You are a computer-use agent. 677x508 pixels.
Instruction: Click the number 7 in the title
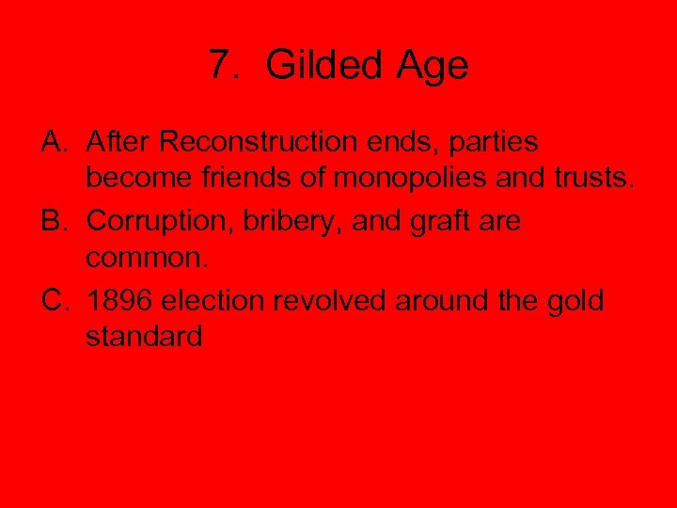pyautogui.click(x=220, y=66)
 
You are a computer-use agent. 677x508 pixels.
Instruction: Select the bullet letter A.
pyautogui.click(x=53, y=142)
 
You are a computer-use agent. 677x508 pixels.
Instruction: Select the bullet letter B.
pyautogui.click(x=53, y=223)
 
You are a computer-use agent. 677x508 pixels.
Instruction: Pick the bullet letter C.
pyautogui.click(x=54, y=303)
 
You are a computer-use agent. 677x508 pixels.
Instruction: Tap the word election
pyautogui.click(x=214, y=303)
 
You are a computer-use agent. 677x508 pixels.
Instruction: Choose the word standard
pyautogui.click(x=144, y=336)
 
